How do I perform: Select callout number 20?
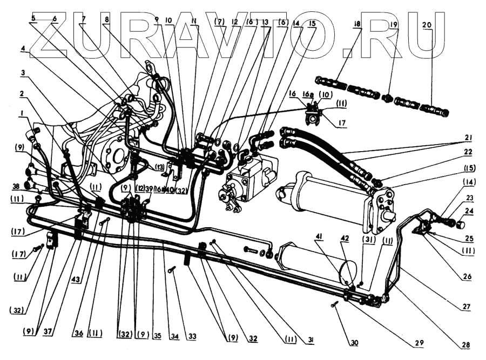[427, 26]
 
